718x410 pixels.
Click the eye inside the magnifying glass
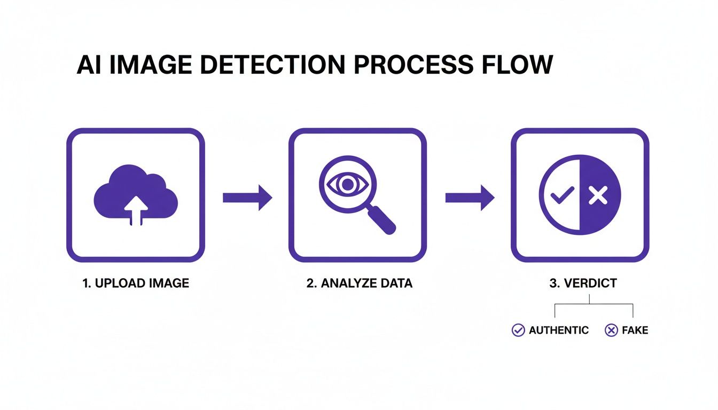pyautogui.click(x=348, y=185)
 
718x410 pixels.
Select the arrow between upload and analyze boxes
pyautogui.click(x=247, y=198)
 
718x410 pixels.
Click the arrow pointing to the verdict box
pyautogui.click(x=470, y=198)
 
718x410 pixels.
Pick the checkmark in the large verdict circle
pyautogui.click(x=561, y=196)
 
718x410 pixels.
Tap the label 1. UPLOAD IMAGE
pyautogui.click(x=136, y=283)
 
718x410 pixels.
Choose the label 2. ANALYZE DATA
pyautogui.click(x=359, y=283)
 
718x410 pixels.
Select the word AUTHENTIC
pyautogui.click(x=558, y=330)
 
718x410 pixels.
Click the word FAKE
pyautogui.click(x=635, y=330)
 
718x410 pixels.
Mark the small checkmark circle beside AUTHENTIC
pyautogui.click(x=518, y=330)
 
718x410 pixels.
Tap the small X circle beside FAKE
pyautogui.click(x=611, y=330)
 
